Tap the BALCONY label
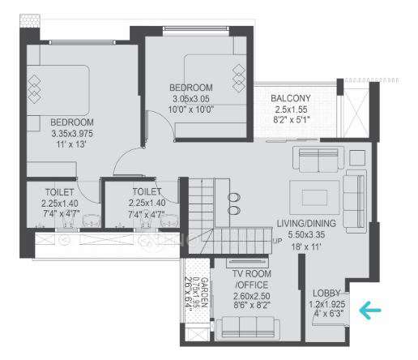tap(292, 99)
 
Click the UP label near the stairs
tap(277, 241)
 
